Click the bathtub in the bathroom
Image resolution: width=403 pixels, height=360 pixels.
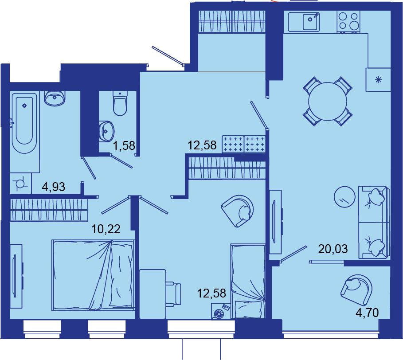pyautogui.click(x=24, y=123)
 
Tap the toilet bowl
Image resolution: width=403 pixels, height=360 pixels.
pyautogui.click(x=120, y=103)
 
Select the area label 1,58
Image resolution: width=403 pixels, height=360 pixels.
pyautogui.click(x=124, y=145)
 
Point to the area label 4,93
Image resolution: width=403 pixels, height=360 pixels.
pyautogui.click(x=54, y=187)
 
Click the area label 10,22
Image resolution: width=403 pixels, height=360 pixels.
pyautogui.click(x=106, y=229)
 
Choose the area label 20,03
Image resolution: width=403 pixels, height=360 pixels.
pyautogui.click(x=333, y=249)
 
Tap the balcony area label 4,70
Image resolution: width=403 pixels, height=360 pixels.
pyautogui.click(x=367, y=313)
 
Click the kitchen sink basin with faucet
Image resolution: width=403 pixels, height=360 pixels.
pyautogui.click(x=304, y=22)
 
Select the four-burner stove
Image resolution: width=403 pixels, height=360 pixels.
pyautogui.click(x=348, y=22)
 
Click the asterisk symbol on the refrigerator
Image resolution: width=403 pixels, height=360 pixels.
pyautogui.click(x=379, y=80)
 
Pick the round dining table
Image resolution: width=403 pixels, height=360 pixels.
pyautogui.click(x=328, y=101)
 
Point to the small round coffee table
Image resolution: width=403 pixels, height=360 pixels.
pyautogui.click(x=344, y=197)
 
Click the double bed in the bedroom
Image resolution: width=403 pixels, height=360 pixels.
pyautogui.click(x=93, y=275)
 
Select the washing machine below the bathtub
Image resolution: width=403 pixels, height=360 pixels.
pyautogui.click(x=20, y=184)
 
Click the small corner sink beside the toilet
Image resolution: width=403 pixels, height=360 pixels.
pyautogui.click(x=106, y=131)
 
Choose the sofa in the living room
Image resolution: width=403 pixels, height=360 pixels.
pyautogui.click(x=374, y=222)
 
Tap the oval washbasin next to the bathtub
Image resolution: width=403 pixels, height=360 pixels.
pyautogui.click(x=55, y=98)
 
